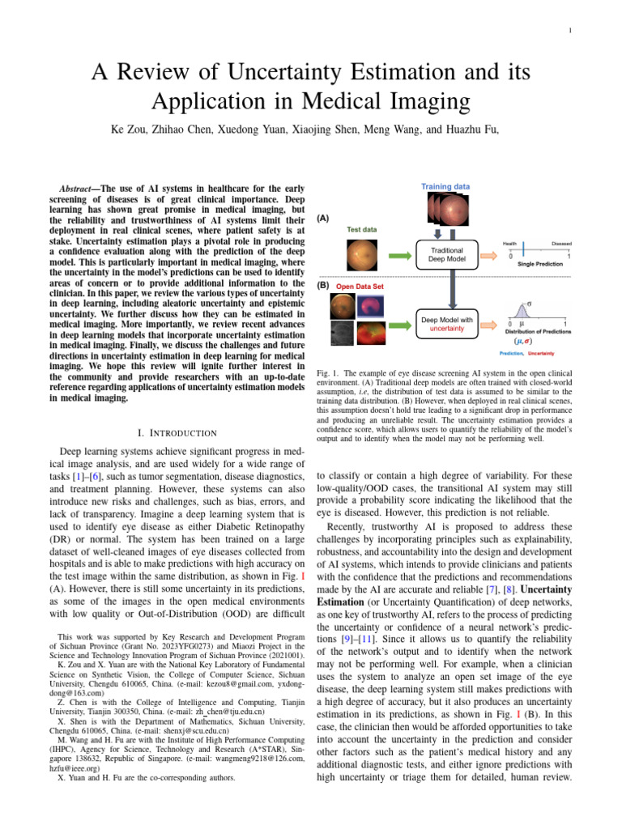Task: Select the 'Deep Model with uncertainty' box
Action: coord(445,323)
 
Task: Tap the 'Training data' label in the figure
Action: coord(445,186)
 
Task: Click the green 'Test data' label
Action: coord(361,229)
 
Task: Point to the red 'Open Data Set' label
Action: coord(360,286)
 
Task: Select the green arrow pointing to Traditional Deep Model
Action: coord(398,255)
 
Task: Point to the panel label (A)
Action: coord(322,219)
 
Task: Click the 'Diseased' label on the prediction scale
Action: coord(562,243)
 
